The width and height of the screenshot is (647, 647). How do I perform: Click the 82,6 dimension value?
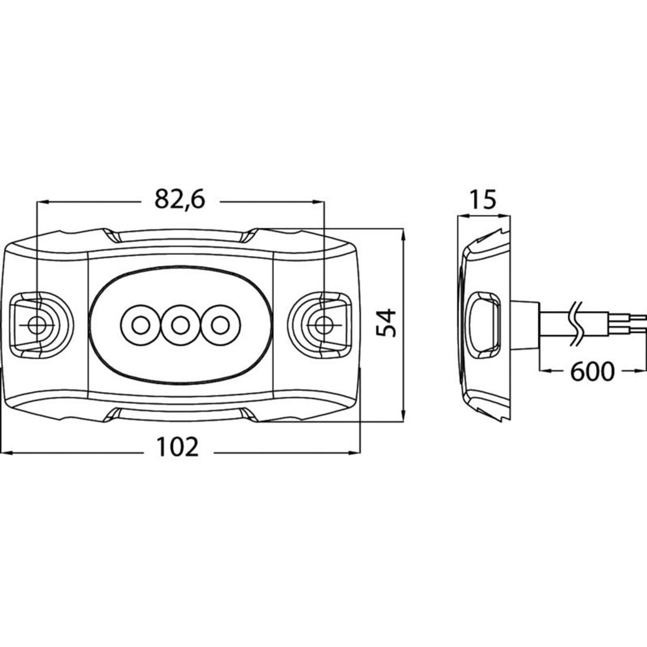click(x=179, y=199)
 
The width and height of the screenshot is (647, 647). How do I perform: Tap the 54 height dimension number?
click(x=386, y=323)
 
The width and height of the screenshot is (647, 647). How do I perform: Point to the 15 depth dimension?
click(x=483, y=199)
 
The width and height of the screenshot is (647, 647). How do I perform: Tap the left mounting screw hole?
click(x=37, y=325)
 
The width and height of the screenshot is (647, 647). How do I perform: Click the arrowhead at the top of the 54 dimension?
click(x=403, y=235)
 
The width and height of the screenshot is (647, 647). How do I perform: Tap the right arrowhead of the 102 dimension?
click(x=355, y=452)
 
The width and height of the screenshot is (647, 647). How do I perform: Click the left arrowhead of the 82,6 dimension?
click(x=43, y=201)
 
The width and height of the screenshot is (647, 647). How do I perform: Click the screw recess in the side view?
click(x=484, y=325)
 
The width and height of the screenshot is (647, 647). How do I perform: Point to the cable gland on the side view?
click(x=524, y=325)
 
